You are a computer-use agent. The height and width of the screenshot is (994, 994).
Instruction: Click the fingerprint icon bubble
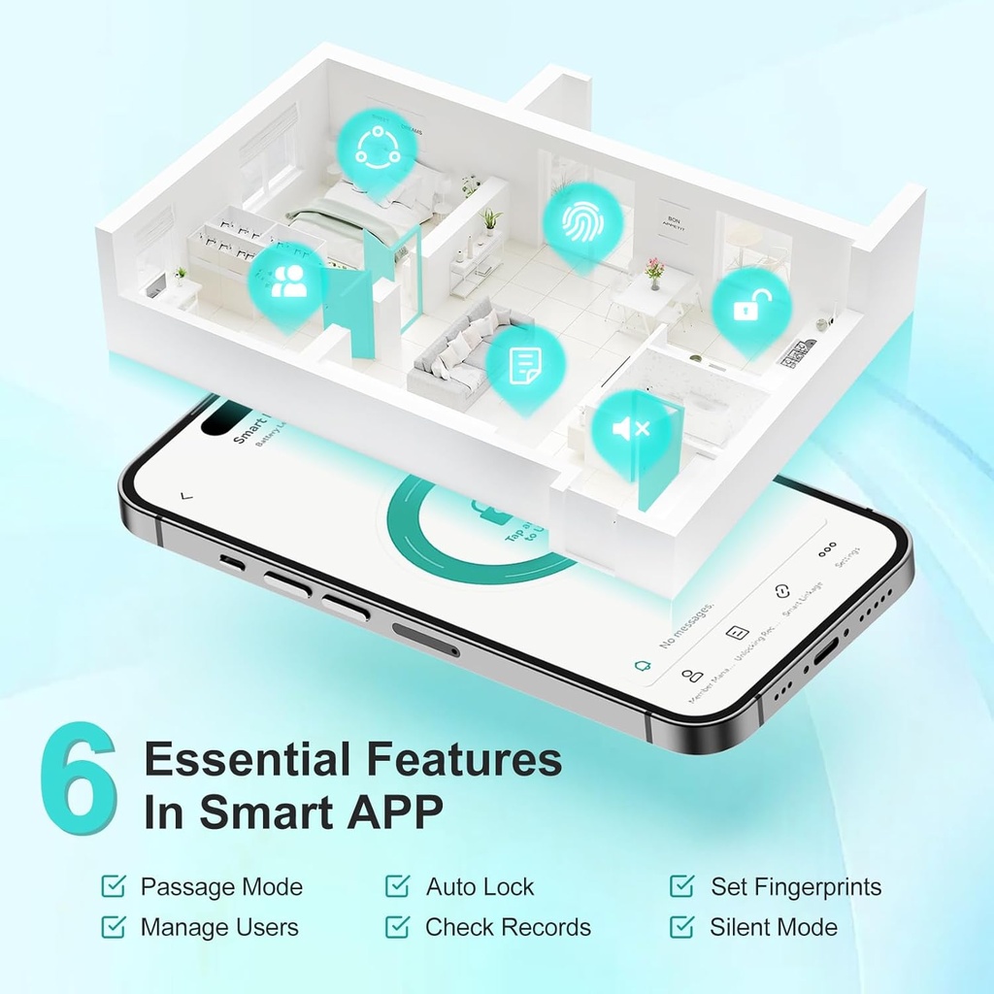581,220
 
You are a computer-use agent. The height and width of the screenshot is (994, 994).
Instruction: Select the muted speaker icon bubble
631,428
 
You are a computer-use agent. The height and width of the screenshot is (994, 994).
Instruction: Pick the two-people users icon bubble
287,281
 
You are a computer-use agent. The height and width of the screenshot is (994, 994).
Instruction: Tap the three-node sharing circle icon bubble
377,147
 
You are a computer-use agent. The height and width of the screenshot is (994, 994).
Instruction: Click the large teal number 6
80,778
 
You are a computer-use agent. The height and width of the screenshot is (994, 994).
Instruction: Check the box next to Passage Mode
114,886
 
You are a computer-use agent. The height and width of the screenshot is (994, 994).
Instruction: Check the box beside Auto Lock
397,886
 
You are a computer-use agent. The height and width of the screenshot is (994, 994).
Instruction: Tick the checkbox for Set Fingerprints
682,886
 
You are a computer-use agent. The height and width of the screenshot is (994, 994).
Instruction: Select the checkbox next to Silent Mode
682,927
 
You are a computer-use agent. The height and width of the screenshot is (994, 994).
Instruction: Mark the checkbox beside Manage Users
114,927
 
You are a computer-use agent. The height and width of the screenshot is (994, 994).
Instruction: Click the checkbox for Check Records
397,927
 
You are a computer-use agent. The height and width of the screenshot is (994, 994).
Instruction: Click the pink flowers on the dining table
654,268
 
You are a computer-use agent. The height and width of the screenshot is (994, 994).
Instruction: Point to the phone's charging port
825,651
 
